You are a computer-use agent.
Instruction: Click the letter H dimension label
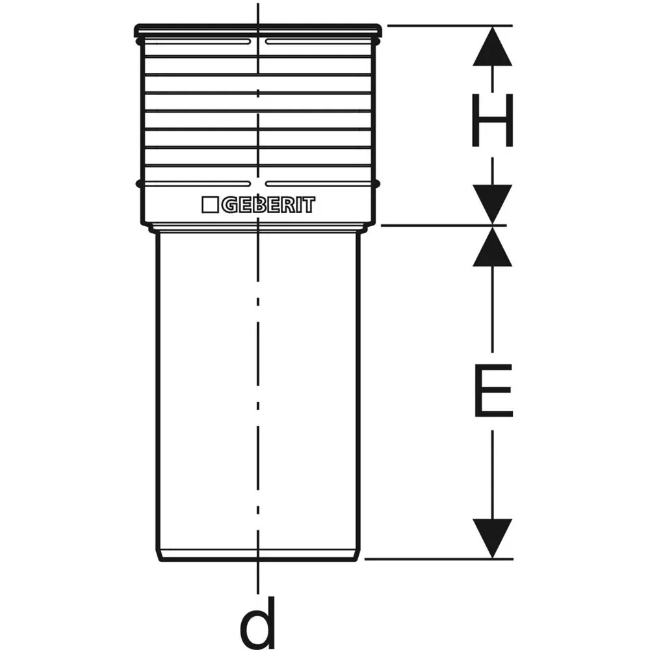[493, 121]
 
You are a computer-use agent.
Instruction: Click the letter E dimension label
[493, 391]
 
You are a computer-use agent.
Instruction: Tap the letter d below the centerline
[257, 622]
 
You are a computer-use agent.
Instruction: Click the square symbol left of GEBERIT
[210, 205]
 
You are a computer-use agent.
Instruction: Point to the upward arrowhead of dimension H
[493, 46]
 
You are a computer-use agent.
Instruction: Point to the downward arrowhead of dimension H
[493, 205]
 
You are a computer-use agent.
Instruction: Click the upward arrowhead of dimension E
[493, 246]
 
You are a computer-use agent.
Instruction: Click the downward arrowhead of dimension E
[493, 538]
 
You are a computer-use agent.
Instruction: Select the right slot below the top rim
[319, 42]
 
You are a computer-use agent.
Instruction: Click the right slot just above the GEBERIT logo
[319, 184]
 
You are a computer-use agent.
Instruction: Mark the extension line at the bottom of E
[439, 559]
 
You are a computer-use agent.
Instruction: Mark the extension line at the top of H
[450, 26]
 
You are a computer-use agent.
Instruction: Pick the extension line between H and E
[443, 226]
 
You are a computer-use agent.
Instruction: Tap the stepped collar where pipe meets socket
[258, 228]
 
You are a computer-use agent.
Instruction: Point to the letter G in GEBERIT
[229, 205]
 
